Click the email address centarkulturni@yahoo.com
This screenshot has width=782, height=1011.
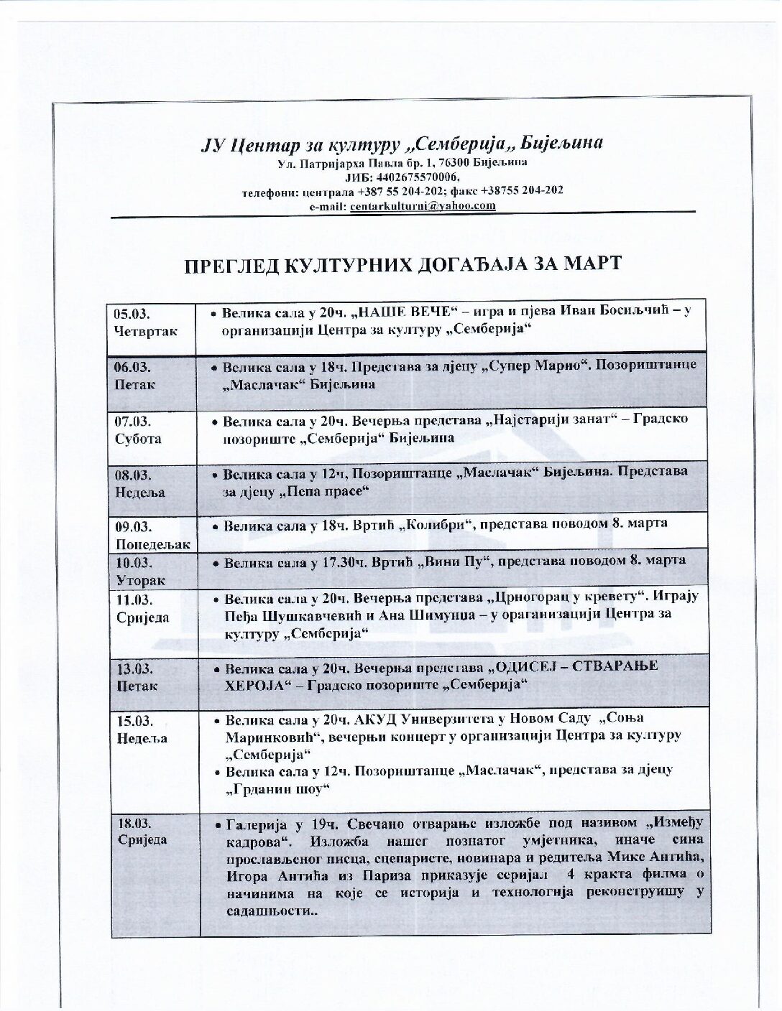pyautogui.click(x=423, y=205)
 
